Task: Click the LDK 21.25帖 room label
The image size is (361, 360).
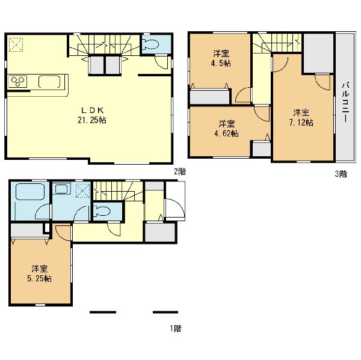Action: click(92, 115)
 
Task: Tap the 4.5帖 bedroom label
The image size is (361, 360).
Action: click(221, 58)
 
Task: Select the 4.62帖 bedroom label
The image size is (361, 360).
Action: click(227, 129)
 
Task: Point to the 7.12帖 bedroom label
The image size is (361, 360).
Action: click(301, 118)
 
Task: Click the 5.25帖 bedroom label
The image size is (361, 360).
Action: click(39, 273)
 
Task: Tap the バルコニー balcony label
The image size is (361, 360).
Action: click(346, 102)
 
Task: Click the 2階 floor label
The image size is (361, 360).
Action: click(179, 171)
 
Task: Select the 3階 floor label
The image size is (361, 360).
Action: click(341, 174)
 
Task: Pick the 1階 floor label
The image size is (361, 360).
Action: click(176, 328)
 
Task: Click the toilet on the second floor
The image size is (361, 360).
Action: click(150, 44)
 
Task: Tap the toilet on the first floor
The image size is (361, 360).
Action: click(102, 211)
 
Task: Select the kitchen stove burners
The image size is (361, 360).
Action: click(17, 81)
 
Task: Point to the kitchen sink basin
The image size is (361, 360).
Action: click(49, 82)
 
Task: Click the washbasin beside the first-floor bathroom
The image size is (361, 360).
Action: click(62, 189)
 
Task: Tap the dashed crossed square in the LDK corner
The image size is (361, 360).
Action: click(16, 44)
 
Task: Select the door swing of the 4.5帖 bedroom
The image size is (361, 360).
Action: click(243, 95)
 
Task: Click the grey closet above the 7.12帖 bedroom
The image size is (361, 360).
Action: click(319, 53)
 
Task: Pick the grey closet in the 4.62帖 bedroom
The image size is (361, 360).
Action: click(262, 149)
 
